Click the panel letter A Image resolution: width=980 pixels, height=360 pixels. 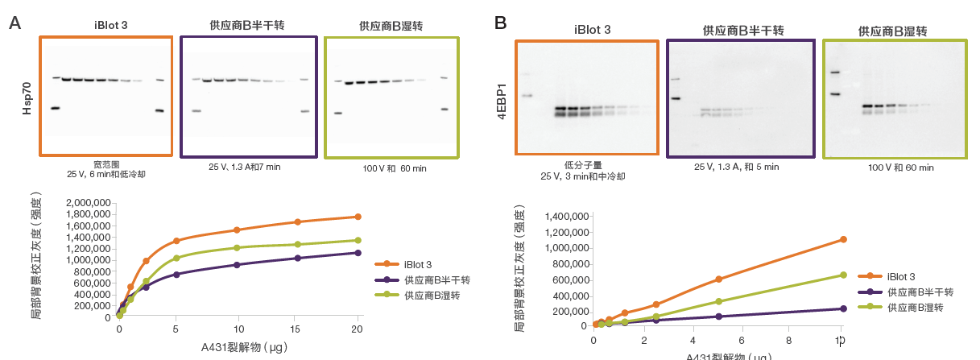14,23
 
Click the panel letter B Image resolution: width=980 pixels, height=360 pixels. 500,23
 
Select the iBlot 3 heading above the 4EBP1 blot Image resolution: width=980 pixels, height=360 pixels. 592,30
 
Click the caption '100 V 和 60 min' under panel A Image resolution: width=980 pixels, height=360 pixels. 394,168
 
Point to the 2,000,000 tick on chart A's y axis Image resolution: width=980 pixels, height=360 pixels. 86,203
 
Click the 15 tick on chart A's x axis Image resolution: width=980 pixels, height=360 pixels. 298,329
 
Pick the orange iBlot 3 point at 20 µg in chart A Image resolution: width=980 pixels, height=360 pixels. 358,217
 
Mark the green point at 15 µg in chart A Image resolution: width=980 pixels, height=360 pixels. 298,244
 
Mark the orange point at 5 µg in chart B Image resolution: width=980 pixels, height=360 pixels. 718,279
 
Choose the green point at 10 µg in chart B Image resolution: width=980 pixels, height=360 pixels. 843,275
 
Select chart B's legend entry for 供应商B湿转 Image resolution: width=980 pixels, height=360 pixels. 915,308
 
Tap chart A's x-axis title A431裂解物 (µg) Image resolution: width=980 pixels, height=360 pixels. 238,348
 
